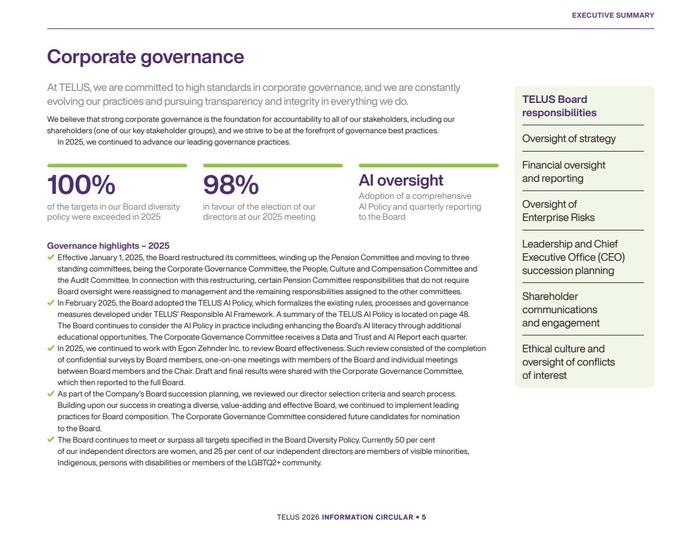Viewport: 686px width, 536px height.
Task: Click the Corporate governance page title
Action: coord(145,57)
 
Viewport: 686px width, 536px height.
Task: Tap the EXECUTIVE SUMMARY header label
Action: coord(613,15)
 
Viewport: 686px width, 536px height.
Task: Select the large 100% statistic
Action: coord(81,184)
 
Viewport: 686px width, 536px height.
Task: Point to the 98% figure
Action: coord(230,184)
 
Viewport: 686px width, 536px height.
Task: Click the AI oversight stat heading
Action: coord(401,181)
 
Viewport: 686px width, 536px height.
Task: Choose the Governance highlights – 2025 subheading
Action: coord(108,246)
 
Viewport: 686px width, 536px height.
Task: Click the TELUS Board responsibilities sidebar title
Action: coord(559,106)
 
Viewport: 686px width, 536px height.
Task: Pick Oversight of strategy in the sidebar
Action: coord(569,139)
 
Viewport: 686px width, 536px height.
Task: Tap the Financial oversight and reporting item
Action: coord(564,172)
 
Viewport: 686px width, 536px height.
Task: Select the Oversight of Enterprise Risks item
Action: coord(559,211)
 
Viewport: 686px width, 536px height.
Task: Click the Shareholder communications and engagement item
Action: coord(561,309)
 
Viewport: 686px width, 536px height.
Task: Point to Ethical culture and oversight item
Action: coord(569,362)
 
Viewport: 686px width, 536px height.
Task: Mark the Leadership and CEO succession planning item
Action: coord(573,257)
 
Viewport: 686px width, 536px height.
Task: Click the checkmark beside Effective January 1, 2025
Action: coord(50,258)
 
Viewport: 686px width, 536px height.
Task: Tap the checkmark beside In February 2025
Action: coord(50,303)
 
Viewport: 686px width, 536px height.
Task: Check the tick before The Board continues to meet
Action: coord(50,439)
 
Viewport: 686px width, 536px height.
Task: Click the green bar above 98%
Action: coord(273,165)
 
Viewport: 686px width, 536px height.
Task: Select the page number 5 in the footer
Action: coord(423,517)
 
